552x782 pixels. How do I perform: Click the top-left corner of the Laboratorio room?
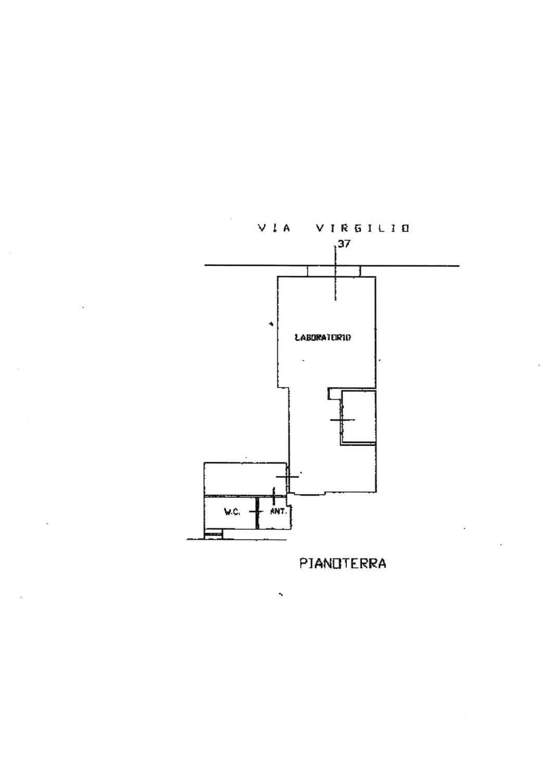click(278, 276)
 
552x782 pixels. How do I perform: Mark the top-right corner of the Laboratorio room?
click(375, 276)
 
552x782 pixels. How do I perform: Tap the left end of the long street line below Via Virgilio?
click(205, 265)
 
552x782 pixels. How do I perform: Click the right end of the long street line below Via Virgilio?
click(459, 266)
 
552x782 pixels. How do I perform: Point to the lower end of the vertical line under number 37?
click(335, 300)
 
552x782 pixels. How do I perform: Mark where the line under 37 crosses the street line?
click(335, 266)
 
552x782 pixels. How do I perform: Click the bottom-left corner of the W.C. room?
click(204, 529)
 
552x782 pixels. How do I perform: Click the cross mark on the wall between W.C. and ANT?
click(257, 511)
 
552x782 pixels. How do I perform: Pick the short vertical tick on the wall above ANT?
click(274, 496)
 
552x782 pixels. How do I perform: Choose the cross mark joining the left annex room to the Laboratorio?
click(287, 476)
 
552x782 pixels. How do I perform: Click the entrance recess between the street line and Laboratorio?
click(334, 271)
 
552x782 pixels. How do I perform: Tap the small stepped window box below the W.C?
click(213, 534)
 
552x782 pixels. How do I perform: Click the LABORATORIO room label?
click(322, 338)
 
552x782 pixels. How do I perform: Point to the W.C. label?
click(232, 512)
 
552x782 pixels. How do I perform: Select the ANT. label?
click(279, 512)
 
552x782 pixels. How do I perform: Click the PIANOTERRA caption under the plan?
click(343, 564)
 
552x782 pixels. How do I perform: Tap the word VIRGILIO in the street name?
click(362, 228)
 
